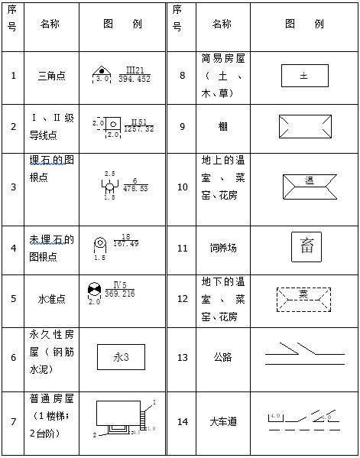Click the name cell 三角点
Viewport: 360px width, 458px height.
tap(51, 75)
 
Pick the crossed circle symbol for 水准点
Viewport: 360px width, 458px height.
tap(94, 291)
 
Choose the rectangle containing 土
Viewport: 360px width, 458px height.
tap(304, 76)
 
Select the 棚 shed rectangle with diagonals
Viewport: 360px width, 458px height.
tap(304, 126)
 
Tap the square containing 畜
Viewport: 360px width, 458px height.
tap(306, 246)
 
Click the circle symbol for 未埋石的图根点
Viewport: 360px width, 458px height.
tap(99, 243)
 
